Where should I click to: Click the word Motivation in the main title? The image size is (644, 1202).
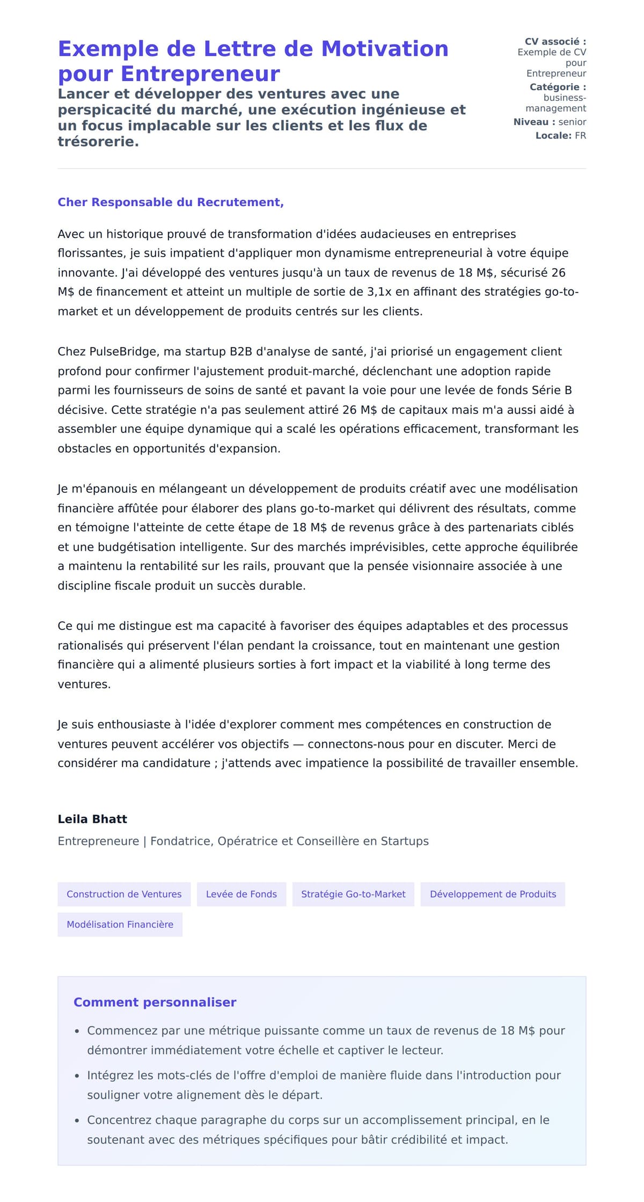384,49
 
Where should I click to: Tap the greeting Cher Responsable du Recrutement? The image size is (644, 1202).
170,202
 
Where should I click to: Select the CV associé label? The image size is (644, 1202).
555,41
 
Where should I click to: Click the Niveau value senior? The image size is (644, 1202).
572,122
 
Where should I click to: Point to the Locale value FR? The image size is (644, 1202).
580,136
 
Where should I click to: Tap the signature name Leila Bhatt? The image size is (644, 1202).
92,819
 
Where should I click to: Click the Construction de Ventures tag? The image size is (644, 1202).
124,894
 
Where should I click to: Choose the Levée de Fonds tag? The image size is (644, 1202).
241,894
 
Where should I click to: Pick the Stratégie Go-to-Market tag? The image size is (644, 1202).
353,894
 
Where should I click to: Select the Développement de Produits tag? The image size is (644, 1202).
493,894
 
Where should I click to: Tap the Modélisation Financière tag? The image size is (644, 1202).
120,924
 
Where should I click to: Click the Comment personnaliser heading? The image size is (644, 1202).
155,1002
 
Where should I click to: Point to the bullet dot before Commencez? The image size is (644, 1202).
77,1031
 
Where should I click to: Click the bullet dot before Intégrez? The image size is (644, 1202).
77,1076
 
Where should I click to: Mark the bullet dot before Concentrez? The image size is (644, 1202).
77,1120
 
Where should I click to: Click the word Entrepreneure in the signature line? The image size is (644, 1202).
98,841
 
